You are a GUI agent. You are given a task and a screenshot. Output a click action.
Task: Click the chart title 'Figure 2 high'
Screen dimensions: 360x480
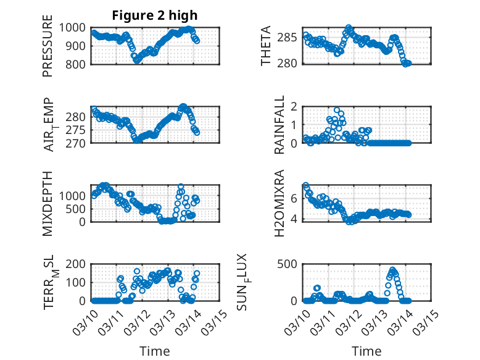point(155,15)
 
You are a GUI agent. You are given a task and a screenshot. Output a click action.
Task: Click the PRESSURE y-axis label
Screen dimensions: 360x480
point(48,50)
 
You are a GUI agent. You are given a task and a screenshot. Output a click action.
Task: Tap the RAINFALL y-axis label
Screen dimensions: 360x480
point(279,125)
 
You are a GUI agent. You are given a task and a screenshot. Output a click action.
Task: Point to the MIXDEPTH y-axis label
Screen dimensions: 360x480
point(48,203)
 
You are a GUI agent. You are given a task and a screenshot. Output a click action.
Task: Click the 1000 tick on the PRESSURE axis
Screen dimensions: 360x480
point(77,27)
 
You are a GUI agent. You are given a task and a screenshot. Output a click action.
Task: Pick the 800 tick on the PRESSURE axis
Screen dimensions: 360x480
point(80,64)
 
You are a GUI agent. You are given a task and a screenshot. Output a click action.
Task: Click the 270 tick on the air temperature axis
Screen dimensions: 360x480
point(80,143)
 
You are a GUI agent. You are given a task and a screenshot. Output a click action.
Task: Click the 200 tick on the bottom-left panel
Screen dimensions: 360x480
point(80,264)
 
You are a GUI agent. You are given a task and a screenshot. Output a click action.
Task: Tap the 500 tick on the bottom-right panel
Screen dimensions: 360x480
point(292,264)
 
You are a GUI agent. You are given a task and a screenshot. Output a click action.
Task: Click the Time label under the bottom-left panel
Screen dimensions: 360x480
point(154,351)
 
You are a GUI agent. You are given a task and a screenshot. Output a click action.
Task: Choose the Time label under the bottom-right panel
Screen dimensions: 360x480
point(366,351)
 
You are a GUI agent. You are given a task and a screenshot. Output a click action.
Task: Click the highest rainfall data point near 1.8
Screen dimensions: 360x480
point(337,111)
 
